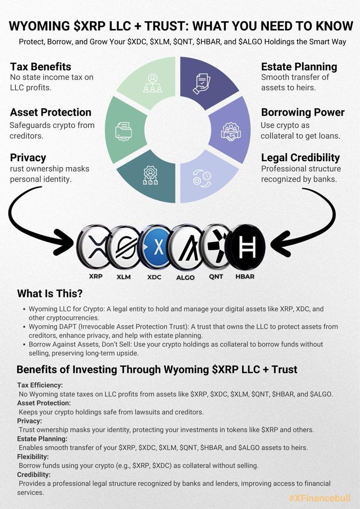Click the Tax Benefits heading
[x=41, y=67]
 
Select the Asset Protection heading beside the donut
[x=51, y=112]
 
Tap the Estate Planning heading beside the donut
[x=299, y=67]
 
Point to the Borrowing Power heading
[x=303, y=112]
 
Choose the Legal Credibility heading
[x=300, y=158]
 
